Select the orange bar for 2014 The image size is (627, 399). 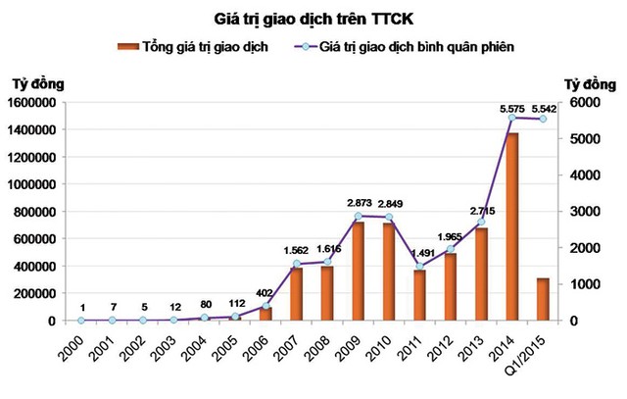tap(510, 225)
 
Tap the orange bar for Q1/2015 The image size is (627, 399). tap(542, 299)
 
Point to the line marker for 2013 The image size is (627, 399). tap(481, 223)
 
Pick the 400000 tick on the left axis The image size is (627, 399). tap(36, 267)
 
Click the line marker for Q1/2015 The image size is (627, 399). tap(542, 119)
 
